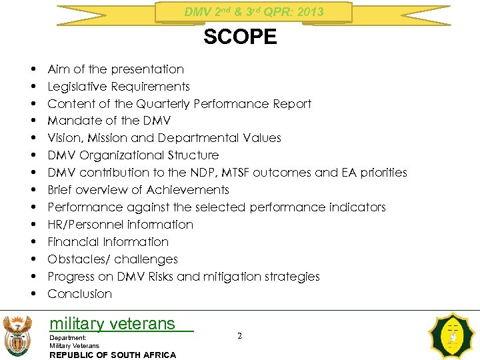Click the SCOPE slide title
(240, 37)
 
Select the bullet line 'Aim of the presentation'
(115, 69)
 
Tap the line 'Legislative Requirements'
(119, 87)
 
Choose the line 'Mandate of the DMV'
(109, 121)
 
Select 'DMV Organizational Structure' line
(133, 155)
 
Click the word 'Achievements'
(187, 190)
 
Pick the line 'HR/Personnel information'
(120, 225)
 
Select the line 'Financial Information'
(108, 242)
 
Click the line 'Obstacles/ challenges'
(113, 259)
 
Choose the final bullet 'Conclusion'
(80, 294)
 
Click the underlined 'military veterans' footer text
(112, 324)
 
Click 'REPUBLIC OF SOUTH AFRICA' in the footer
(113, 355)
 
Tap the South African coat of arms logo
(17, 335)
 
